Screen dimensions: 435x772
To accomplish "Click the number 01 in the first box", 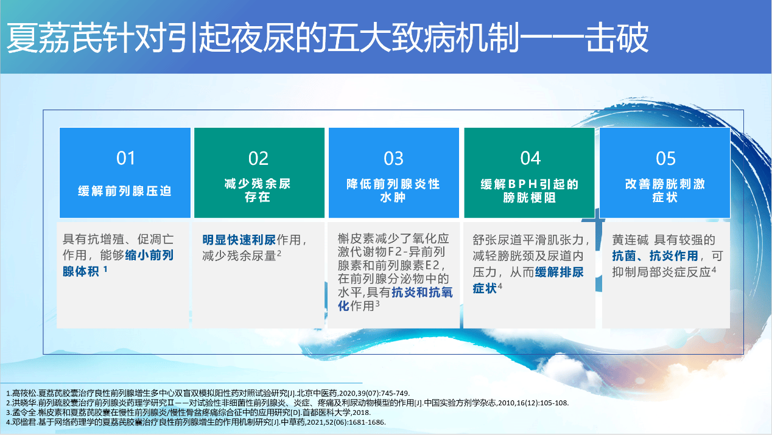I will coord(125,158).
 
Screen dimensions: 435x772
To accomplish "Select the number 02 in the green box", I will coord(259,158).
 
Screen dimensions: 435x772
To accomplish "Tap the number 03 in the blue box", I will coord(393,158).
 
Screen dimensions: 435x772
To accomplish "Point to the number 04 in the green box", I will coord(530,158).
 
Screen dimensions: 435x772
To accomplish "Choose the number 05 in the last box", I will coord(665,158).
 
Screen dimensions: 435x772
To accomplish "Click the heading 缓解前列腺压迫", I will coord(125,191).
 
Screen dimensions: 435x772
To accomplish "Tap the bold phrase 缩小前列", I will coord(149,256).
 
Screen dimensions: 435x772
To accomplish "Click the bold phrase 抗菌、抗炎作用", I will coord(655,256).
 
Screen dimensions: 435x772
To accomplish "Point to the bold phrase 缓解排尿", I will coord(559,272).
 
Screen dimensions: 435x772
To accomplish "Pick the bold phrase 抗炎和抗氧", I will coord(422,293).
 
